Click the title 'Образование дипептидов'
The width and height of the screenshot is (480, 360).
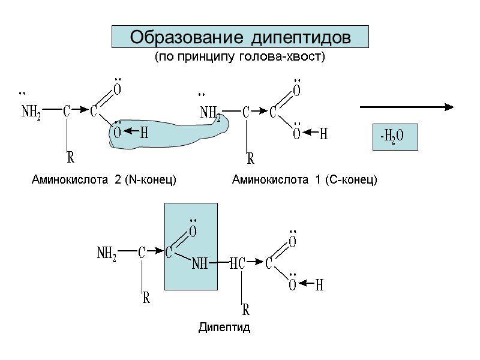point(240,37)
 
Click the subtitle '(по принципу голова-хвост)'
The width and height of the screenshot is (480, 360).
point(239,58)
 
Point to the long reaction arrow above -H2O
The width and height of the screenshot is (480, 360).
point(407,107)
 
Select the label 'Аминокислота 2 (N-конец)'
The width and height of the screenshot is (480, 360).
point(104,179)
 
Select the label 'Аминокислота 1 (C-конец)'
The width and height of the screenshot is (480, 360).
point(305,179)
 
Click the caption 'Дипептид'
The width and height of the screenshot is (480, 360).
point(224,328)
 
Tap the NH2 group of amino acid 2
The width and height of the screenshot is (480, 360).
point(31,112)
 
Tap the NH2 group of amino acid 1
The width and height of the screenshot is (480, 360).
point(210,113)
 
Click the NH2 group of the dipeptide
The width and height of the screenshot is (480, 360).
point(107,254)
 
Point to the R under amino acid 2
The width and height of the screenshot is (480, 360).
point(70,158)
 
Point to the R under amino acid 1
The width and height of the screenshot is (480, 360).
point(251,159)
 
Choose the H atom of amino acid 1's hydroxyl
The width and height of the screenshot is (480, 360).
point(323,134)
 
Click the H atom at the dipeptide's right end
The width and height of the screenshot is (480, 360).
point(319,286)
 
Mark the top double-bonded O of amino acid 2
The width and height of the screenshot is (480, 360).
point(118,89)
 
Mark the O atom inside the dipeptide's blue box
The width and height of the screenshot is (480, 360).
point(193,232)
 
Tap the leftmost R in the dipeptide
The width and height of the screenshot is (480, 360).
point(146,298)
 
